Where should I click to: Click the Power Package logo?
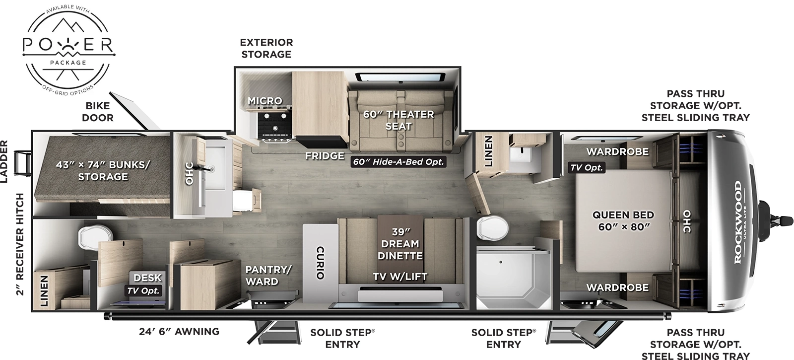68,49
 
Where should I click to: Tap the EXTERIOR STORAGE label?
266,48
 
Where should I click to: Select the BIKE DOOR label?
98,112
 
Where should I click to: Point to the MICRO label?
265,101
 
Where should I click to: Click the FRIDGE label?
325,155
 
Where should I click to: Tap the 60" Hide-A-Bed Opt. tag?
398,162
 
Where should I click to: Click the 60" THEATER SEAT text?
398,120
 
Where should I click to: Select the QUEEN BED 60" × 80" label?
623,221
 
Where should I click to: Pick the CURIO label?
320,262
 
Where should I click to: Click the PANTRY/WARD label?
268,275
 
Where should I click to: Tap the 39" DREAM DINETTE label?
400,244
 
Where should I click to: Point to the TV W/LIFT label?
400,277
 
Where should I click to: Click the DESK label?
147,278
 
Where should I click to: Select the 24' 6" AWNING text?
179,331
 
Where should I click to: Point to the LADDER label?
4,162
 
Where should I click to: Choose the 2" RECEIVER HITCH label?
20,245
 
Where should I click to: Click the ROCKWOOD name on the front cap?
737,222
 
